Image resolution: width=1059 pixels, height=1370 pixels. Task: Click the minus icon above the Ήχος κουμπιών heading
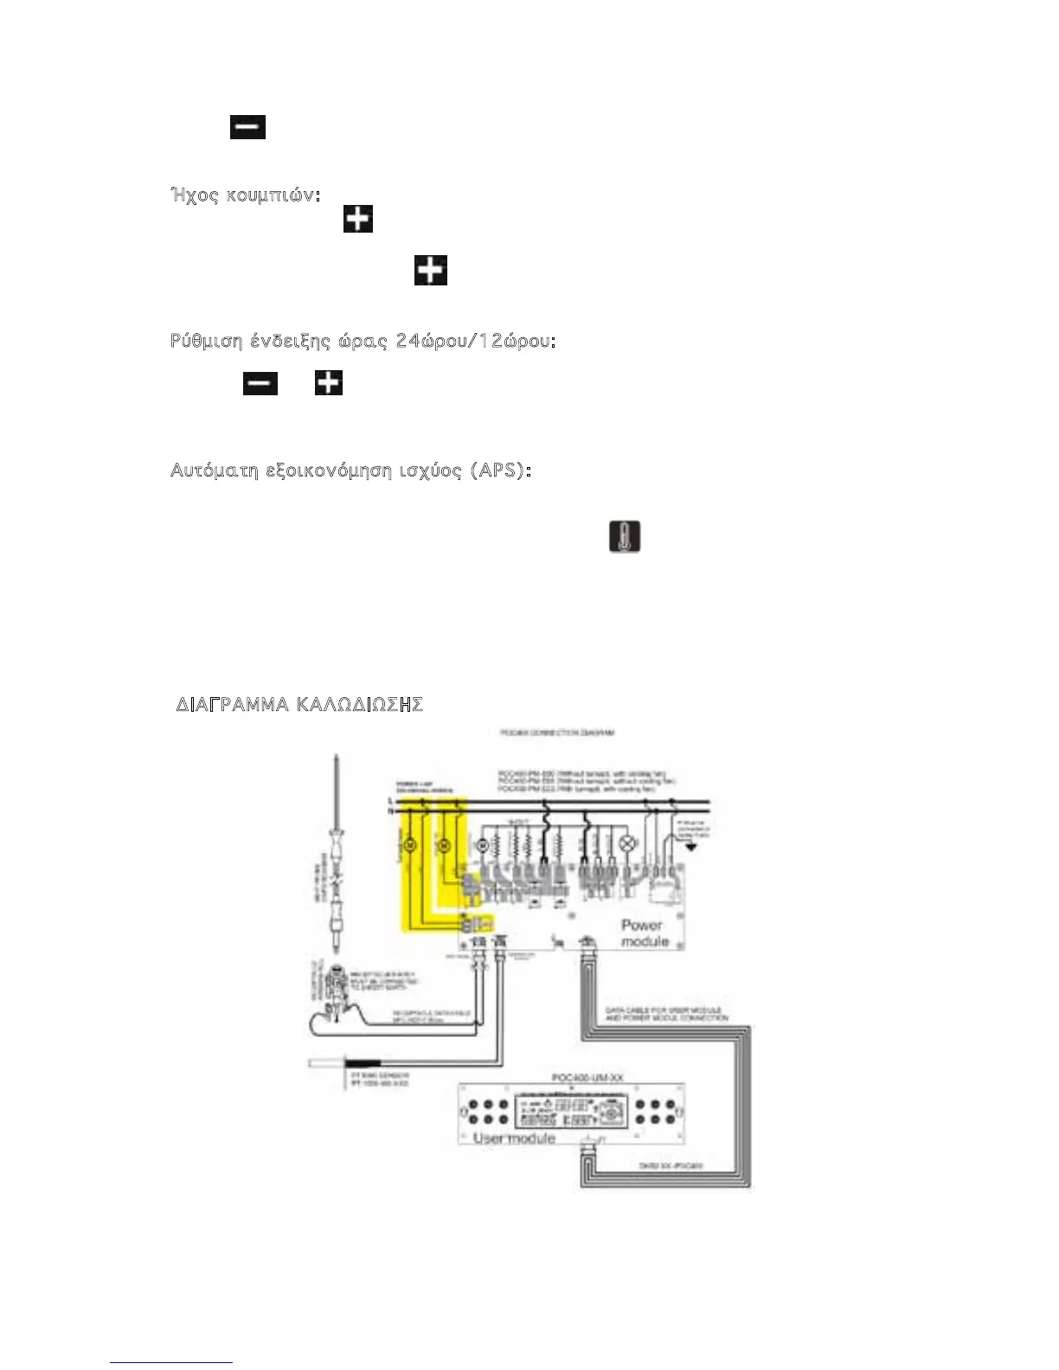(247, 127)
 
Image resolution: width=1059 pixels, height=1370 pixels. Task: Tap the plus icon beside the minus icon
(329, 382)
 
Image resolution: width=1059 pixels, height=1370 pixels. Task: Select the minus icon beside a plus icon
(260, 382)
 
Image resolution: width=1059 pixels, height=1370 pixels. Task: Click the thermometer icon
(625, 536)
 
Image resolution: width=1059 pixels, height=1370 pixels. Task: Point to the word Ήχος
(195, 195)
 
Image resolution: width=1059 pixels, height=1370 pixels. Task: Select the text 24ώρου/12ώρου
(475, 341)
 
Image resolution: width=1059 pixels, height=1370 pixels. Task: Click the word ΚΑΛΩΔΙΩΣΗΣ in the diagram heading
(359, 704)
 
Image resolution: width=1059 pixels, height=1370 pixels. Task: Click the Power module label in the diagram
(645, 932)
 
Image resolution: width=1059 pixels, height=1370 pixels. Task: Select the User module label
(514, 1138)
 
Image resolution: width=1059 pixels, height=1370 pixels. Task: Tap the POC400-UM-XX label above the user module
(587, 1078)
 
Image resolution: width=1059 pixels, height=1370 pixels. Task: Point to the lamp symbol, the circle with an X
(629, 844)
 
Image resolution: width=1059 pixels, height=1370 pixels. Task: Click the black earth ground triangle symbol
(690, 847)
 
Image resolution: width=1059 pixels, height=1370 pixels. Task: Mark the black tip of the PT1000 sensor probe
(363, 1063)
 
